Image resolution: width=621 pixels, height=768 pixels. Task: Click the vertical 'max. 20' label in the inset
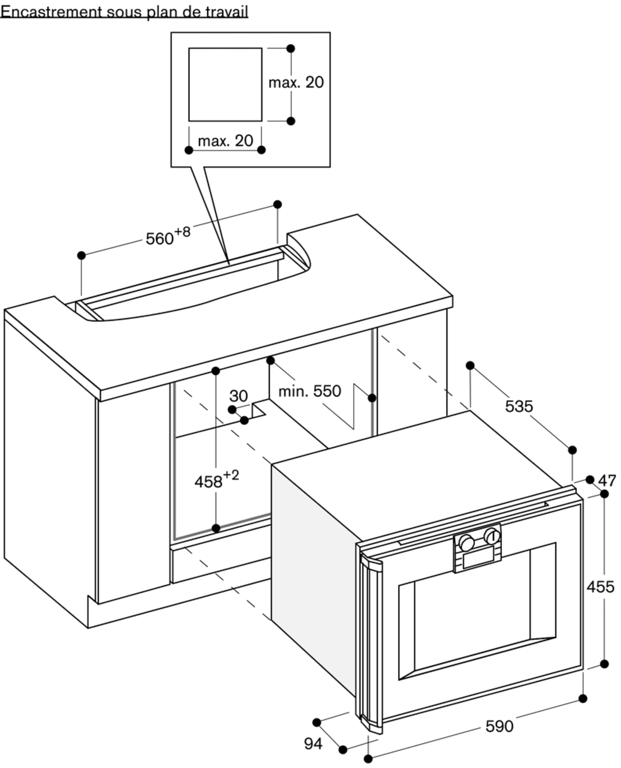(296, 83)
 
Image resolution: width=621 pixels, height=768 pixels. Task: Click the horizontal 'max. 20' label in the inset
(225, 141)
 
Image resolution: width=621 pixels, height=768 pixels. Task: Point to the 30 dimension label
(238, 396)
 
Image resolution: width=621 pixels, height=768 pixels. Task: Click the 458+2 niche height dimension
(216, 480)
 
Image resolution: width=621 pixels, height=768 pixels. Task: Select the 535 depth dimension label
(519, 406)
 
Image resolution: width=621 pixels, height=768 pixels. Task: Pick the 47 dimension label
(607, 481)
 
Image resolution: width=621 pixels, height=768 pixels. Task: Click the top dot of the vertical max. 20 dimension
(291, 48)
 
